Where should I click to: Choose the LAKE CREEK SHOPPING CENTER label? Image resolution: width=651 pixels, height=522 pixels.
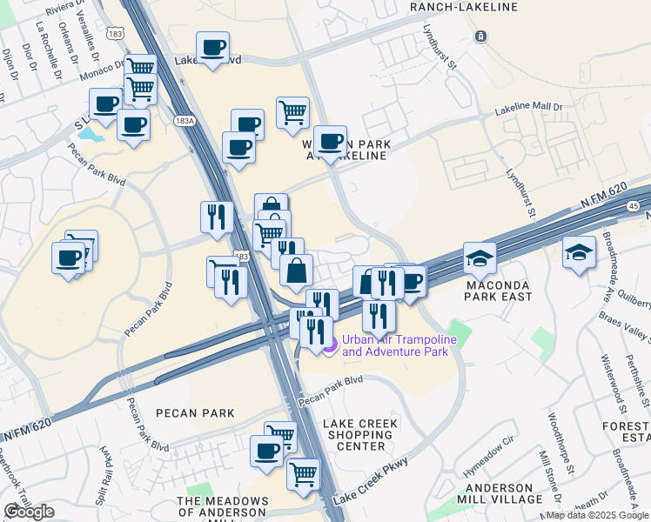coord(360,435)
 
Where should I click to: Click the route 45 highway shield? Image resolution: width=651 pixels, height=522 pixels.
coord(633,205)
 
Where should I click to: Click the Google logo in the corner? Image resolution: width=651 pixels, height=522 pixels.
coord(29,512)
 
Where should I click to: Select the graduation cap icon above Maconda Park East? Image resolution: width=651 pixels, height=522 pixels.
coord(480,258)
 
